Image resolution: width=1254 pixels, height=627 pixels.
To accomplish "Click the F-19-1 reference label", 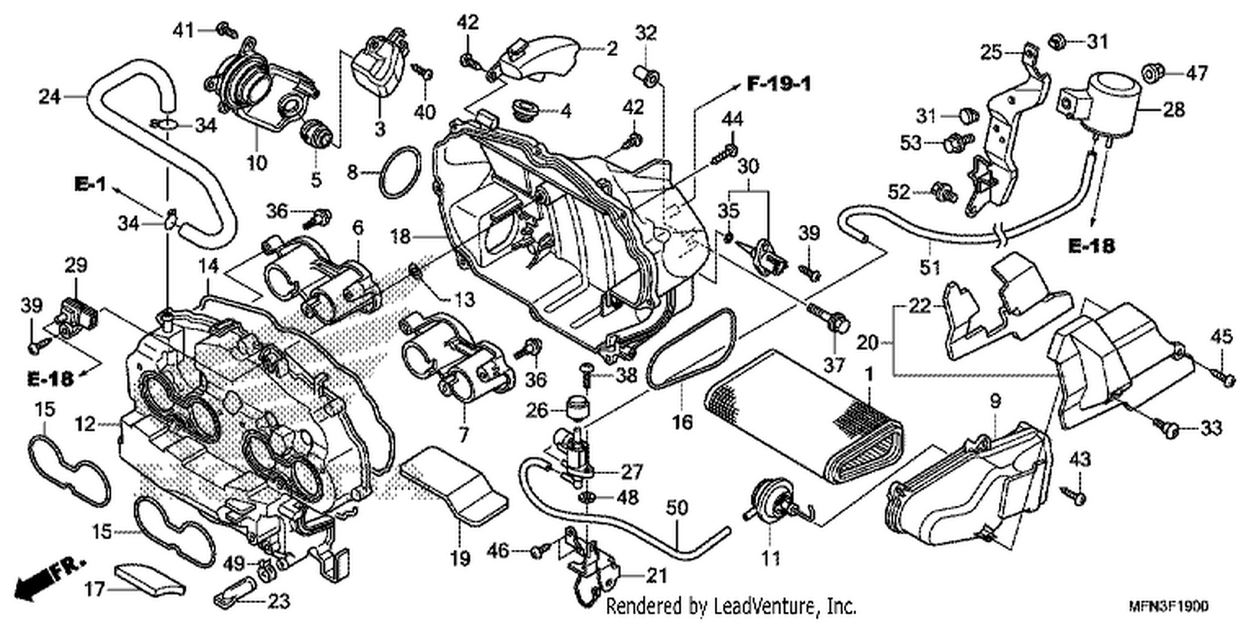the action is (x=779, y=84).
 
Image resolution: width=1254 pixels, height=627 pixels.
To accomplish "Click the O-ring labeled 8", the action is (x=400, y=172).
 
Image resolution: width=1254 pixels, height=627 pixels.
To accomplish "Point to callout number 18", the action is (x=400, y=237).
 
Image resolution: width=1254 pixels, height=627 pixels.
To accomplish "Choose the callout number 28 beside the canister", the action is (x=1174, y=110).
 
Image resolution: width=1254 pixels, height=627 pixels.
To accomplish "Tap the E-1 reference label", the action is (x=90, y=184).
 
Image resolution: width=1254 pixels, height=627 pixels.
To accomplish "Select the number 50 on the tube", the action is (x=677, y=507).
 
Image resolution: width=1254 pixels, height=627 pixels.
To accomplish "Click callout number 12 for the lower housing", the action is (x=85, y=425).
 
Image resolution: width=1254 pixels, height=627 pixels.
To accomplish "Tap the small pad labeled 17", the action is (x=150, y=579).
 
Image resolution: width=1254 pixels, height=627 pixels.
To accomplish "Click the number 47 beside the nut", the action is (x=1196, y=73).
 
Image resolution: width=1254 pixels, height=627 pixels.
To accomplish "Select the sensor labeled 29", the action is (x=78, y=318).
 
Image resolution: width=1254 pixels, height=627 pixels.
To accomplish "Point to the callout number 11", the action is (x=771, y=558).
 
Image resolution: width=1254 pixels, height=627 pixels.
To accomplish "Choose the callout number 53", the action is (x=911, y=143).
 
